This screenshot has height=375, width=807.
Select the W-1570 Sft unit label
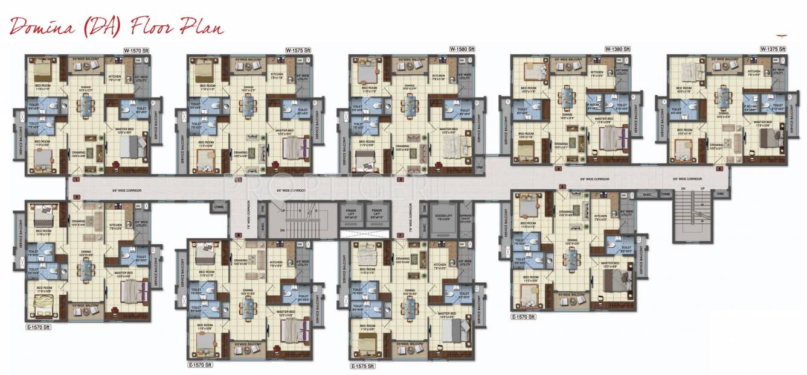click(137, 50)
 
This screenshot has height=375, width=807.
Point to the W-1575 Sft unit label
click(298, 50)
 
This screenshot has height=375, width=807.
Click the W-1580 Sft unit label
click(461, 49)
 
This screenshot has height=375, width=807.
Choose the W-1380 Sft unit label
click(617, 49)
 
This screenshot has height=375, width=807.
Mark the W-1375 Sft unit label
click(773, 49)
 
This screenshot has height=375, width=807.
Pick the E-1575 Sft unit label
click(362, 366)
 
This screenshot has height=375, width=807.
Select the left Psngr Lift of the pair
click(350, 213)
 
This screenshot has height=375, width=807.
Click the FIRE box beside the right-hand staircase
click(719, 194)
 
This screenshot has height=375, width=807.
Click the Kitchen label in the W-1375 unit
click(753, 75)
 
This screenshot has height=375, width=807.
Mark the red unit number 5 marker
click(719, 169)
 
